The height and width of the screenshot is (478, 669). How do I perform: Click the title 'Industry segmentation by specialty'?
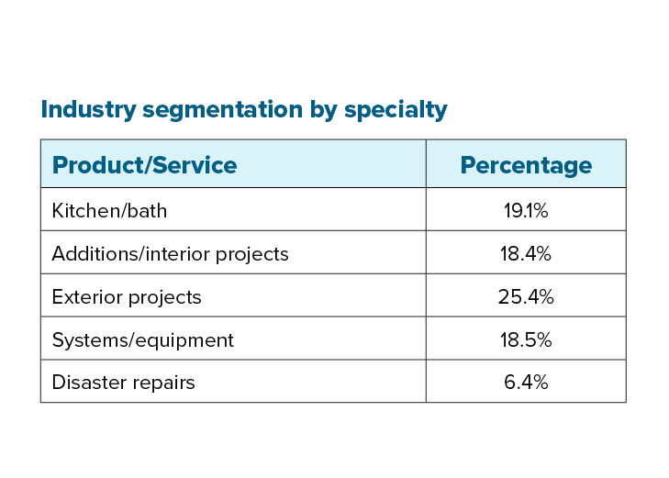pos(244,110)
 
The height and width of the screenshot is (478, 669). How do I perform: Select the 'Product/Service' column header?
pos(144,165)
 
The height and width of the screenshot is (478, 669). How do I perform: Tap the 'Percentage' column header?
pos(526,165)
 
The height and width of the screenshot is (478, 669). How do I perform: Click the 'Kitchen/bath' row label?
pos(109,211)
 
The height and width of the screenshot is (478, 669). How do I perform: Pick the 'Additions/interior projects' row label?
pos(170,254)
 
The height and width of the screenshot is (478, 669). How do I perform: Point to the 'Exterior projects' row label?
pos(127,297)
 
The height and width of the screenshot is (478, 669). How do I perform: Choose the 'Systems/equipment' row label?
pos(142,340)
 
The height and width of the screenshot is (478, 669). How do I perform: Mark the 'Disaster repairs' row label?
pos(123,383)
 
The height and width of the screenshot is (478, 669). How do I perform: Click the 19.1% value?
pos(526,211)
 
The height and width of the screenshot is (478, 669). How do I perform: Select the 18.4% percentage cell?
pos(526,254)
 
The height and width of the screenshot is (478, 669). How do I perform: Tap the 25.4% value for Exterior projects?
pos(526,297)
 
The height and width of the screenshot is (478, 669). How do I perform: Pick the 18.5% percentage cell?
pos(526,340)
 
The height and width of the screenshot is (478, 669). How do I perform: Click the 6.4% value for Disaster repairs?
pos(526,383)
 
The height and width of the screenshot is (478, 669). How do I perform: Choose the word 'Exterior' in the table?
pos(88,297)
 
